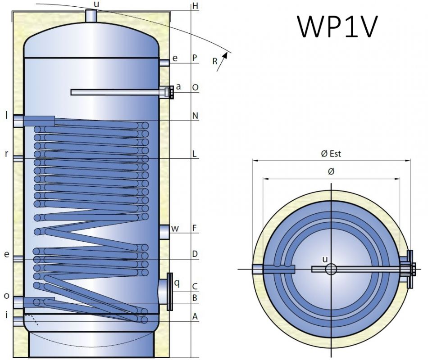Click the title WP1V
tap(336, 27)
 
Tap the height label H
tap(195, 6)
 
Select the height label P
tap(195, 58)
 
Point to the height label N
tap(195, 116)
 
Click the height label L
tap(195, 153)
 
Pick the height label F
tap(195, 228)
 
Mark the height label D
tap(195, 254)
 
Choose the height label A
tap(195, 316)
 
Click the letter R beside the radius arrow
tap(215, 61)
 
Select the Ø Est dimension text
tap(331, 154)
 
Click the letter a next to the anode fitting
tap(178, 86)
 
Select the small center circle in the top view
tap(331, 269)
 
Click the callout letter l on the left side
tap(7, 115)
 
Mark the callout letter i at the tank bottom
tap(6, 315)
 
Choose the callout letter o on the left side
tap(6, 296)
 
